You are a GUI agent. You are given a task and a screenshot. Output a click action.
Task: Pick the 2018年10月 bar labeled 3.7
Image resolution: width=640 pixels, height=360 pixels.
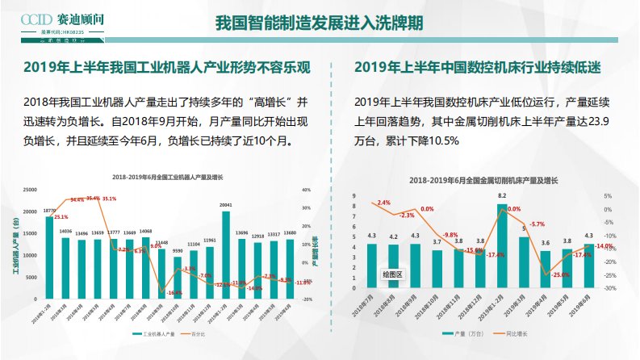pyautogui.click(x=437, y=268)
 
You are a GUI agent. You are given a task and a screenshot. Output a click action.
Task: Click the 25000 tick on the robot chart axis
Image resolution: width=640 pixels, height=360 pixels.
pyautogui.click(x=31, y=190)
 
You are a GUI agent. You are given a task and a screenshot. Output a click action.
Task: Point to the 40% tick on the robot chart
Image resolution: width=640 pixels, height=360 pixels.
pyautogui.click(x=306, y=190)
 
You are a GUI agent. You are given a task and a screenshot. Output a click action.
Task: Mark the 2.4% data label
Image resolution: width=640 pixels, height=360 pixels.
pyautogui.click(x=384, y=203)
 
